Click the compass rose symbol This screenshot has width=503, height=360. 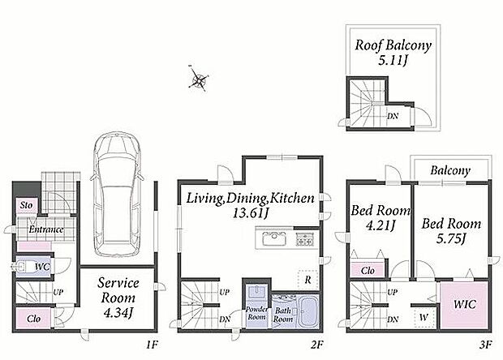coord(199,79)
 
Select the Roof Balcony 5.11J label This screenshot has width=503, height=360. coord(393,52)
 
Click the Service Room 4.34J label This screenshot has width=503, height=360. coord(118,298)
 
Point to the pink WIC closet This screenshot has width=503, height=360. coord(465,305)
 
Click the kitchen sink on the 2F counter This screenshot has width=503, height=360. coord(274,239)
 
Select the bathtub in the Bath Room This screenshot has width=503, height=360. coord(308,312)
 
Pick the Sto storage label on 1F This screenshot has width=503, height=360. coord(26,205)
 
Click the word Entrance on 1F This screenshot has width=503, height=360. coord(46,229)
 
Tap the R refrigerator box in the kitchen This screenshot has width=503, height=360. coord(308,281)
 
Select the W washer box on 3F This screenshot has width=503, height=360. coord(423,317)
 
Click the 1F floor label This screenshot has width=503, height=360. coord(152,345)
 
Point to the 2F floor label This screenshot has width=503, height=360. coord(317,345)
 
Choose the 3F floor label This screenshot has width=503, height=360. coord(486,345)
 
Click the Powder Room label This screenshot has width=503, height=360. coord(256,313)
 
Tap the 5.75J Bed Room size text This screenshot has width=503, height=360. coord(451,239)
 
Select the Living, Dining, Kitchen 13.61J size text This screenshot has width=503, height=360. coord(251,212)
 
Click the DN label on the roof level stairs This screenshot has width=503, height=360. coord(393,116)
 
